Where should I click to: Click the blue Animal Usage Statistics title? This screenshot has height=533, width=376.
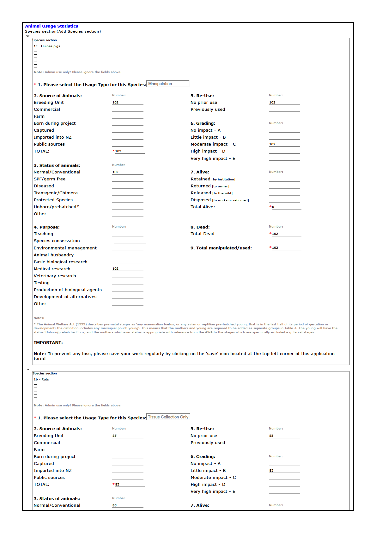[x=52, y=26]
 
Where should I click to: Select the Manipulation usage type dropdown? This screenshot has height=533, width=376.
[x=168, y=84]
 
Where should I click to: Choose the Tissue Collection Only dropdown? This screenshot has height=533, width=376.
[x=168, y=417]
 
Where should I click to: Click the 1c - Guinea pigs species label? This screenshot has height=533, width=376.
[x=47, y=46]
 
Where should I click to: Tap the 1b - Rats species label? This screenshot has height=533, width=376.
[x=41, y=379]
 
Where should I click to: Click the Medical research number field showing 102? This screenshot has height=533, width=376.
[x=127, y=269]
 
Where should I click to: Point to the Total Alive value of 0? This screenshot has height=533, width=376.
[x=286, y=207]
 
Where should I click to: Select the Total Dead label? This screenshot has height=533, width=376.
[x=202, y=234]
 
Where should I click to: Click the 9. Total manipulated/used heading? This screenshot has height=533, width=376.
[x=221, y=248]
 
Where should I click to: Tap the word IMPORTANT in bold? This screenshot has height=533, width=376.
[x=48, y=343]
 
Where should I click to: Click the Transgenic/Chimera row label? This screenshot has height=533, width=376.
[x=56, y=193]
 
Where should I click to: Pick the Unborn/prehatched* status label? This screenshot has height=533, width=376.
[x=56, y=207]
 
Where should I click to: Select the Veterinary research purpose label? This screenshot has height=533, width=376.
[x=55, y=276]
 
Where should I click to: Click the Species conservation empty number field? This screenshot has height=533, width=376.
[x=130, y=241]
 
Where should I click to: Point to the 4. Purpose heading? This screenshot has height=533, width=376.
[x=47, y=227]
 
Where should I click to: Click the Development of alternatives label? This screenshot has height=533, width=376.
[x=65, y=297]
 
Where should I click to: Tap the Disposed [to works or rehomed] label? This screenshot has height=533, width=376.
[x=220, y=200]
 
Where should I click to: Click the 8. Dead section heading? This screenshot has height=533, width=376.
[x=200, y=227]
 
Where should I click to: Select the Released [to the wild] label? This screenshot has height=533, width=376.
[x=211, y=193]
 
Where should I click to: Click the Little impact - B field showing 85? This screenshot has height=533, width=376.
[x=284, y=471]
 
